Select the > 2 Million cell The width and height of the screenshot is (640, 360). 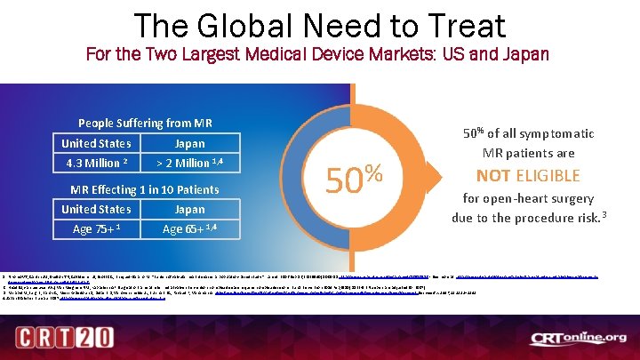(189, 163)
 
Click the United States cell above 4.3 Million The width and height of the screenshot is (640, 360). (96, 143)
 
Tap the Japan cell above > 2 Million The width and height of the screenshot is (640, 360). (189, 143)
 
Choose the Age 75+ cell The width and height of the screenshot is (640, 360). (96, 228)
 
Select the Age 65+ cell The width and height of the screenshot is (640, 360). (189, 228)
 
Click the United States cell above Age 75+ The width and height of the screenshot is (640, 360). (96, 209)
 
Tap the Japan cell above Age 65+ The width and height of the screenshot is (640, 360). (189, 209)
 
